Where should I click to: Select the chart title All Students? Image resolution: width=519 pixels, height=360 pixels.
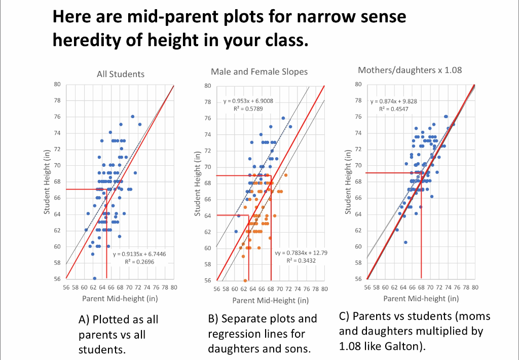(x=120, y=74)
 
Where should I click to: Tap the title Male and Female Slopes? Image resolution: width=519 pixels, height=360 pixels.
(x=259, y=71)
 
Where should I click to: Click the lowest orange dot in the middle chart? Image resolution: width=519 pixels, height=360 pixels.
(x=245, y=280)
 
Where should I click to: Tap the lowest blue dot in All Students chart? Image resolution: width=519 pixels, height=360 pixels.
(x=95, y=278)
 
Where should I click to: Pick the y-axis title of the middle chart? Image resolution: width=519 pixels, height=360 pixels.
(x=198, y=183)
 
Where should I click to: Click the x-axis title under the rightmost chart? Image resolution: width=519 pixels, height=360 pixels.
(x=421, y=299)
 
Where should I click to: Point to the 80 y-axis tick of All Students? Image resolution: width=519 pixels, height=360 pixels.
(x=58, y=84)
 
